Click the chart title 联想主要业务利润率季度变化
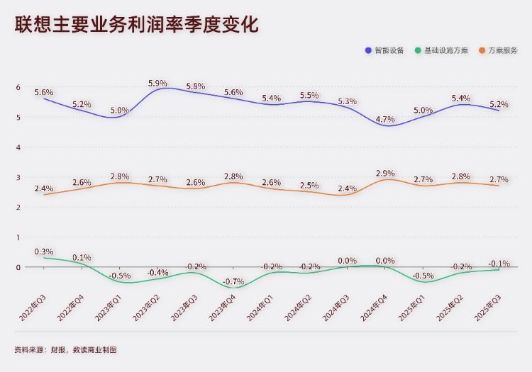point(136,25)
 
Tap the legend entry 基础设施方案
point(446,50)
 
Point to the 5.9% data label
point(157,84)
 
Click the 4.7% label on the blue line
point(385,119)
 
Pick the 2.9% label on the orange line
point(385,174)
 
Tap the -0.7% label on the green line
point(233,281)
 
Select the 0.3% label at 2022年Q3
point(44,252)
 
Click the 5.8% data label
point(196,86)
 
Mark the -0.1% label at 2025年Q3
point(499,264)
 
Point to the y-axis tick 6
point(18,87)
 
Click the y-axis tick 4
point(18,147)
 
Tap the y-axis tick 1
point(18,237)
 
